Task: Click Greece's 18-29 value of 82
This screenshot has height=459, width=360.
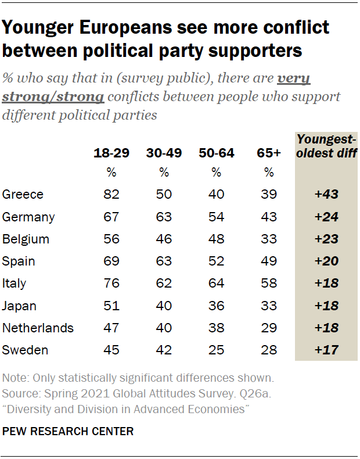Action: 111,195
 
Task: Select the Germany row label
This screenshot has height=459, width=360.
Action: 28,217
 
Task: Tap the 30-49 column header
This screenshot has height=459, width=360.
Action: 164,153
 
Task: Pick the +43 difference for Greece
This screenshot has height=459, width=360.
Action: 326,195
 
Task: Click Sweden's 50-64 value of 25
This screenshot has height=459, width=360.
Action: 216,350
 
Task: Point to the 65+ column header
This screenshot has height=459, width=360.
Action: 269,153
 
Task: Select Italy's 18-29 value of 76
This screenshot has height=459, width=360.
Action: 111,284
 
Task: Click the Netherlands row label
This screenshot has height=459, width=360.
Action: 38,328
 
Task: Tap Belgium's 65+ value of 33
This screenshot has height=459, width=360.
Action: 269,239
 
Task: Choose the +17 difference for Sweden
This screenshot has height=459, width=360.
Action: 326,350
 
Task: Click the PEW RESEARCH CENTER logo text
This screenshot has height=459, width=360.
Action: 68,431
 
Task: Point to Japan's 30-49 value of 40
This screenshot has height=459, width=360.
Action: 164,306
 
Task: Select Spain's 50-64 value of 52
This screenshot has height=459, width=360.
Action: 216,261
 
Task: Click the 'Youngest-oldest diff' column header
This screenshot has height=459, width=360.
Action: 326,146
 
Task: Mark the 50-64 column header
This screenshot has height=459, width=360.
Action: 216,153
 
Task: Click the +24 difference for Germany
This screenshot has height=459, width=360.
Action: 326,217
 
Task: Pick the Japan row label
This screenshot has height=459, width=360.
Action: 19,306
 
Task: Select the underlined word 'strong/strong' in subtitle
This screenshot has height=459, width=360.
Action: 53,96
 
